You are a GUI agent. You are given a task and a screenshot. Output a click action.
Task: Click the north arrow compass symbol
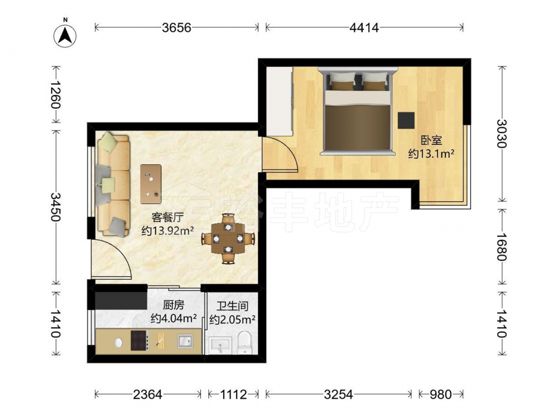pyautogui.click(x=65, y=35)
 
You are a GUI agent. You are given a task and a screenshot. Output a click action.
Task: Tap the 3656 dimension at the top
pyautogui.click(x=176, y=27)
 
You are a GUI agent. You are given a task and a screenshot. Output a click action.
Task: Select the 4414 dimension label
pyautogui.click(x=364, y=27)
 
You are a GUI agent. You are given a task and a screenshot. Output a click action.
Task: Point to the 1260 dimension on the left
pyautogui.click(x=56, y=95)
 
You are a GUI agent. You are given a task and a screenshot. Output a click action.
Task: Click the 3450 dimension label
pyautogui.click(x=56, y=207)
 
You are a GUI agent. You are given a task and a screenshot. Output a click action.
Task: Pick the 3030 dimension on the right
pyautogui.click(x=502, y=133)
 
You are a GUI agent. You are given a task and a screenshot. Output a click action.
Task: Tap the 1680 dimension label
pyautogui.click(x=502, y=247)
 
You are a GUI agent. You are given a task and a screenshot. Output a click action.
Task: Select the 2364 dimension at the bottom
pyautogui.click(x=147, y=394)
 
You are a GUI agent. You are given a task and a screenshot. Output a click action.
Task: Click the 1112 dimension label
pyautogui.click(x=233, y=394)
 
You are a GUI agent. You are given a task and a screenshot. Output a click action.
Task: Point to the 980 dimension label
pyautogui.click(x=441, y=394)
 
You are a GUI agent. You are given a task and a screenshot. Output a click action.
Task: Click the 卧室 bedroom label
pyautogui.click(x=431, y=140)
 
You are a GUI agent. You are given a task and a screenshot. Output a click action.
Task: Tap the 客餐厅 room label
pyautogui.click(x=167, y=217)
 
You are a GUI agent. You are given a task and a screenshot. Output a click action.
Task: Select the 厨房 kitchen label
pyautogui.click(x=174, y=305)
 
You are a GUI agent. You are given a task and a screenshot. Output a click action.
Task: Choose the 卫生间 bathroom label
pyautogui.click(x=232, y=306)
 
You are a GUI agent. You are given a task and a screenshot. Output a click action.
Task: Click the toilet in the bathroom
pyautogui.click(x=244, y=343)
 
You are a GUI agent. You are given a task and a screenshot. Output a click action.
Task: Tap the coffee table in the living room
pyautogui.click(x=151, y=184)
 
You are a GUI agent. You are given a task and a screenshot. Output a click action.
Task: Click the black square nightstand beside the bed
pyautogui.click(x=406, y=120)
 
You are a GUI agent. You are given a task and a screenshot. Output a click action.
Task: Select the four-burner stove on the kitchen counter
pyautogui.click(x=139, y=341)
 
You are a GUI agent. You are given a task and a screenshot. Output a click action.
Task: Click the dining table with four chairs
pyautogui.click(x=228, y=238)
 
